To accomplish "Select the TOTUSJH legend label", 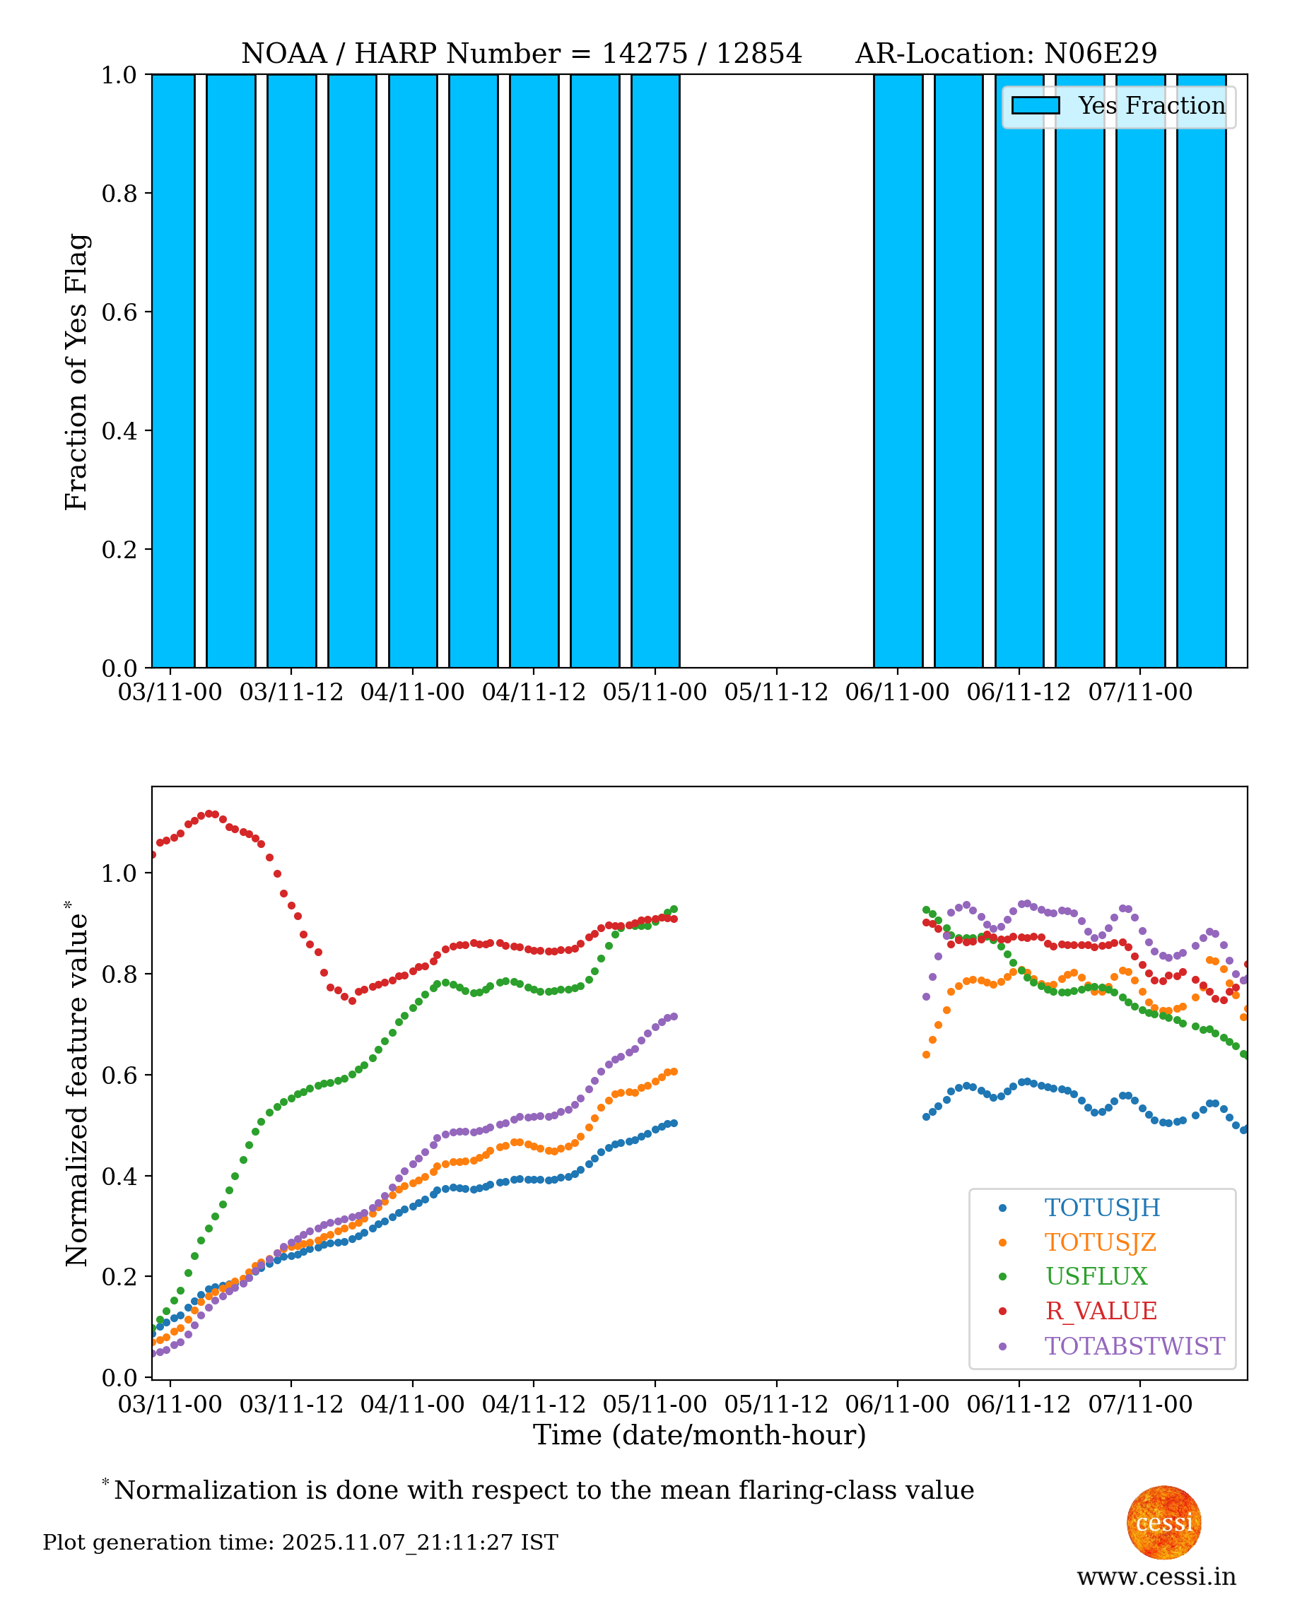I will (x=1101, y=1208).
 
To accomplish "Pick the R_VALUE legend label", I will (x=1101, y=1311).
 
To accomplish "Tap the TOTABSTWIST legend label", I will (x=1134, y=1346).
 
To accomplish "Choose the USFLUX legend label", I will (x=1096, y=1276).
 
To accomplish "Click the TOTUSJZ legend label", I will (x=1100, y=1242).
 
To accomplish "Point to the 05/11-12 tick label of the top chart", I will (x=776, y=693).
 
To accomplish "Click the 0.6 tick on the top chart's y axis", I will (x=119, y=312).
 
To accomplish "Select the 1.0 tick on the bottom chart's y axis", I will (x=119, y=873).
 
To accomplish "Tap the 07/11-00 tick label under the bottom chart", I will (x=1140, y=1404).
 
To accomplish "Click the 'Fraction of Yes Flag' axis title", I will (x=76, y=372).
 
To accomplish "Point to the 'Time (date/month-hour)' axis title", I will (x=699, y=1435).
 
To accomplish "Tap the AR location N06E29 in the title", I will (x=1100, y=54).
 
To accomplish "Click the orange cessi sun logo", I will (x=1163, y=1522).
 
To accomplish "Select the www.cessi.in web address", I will (x=1156, y=1576).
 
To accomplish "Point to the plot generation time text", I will (x=300, y=1542).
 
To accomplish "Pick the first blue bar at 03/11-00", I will (x=173, y=372).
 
